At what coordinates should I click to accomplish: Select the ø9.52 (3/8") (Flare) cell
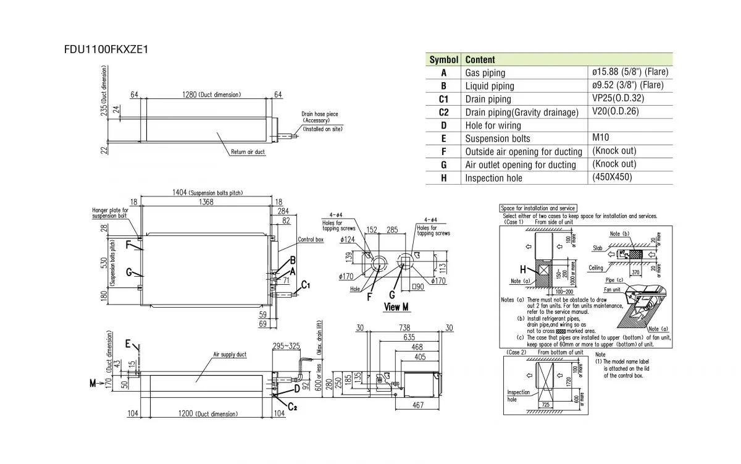627,85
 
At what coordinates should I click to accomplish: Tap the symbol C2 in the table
443,112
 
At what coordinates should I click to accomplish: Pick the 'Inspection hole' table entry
493,178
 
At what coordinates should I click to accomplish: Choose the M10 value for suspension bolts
601,138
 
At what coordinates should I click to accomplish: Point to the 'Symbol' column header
443,60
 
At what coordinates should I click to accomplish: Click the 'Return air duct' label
248,151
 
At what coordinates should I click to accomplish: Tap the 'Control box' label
311,239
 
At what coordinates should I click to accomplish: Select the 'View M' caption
397,307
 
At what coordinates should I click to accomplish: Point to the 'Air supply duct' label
230,355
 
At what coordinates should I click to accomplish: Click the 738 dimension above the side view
404,327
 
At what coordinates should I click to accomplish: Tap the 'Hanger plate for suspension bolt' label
109,213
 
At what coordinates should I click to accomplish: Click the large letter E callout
128,345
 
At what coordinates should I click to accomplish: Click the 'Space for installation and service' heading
538,209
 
